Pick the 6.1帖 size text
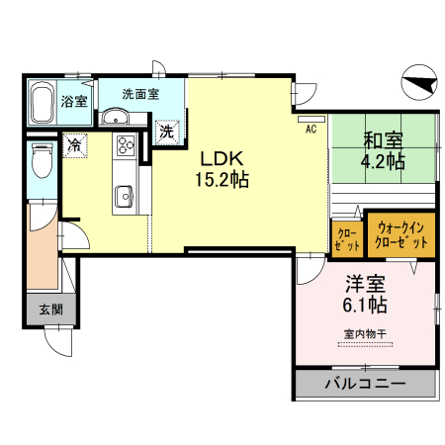point(365,304)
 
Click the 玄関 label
point(50,309)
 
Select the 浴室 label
point(73,101)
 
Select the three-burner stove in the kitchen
point(126,146)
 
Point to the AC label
point(309,129)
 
